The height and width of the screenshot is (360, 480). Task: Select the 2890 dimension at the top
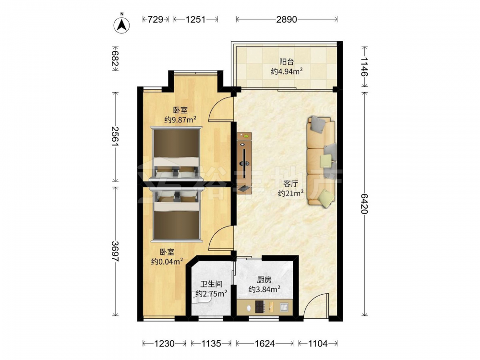[287, 19]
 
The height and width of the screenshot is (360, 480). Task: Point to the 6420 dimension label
[364, 204]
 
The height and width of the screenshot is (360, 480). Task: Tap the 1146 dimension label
[364, 66]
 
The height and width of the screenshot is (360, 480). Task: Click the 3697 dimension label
[115, 252]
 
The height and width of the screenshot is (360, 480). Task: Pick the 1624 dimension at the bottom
[264, 344]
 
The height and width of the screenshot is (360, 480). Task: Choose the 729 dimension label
[156, 19]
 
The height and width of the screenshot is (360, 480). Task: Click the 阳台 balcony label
[287, 62]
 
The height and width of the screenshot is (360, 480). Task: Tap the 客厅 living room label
[290, 184]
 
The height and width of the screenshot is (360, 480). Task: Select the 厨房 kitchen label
[264, 279]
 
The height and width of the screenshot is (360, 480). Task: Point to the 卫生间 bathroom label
[211, 284]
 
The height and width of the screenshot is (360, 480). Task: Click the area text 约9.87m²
[180, 120]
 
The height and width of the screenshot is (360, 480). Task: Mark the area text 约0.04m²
[167, 262]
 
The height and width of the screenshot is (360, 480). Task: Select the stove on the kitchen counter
[260, 307]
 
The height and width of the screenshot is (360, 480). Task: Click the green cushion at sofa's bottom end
[326, 198]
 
